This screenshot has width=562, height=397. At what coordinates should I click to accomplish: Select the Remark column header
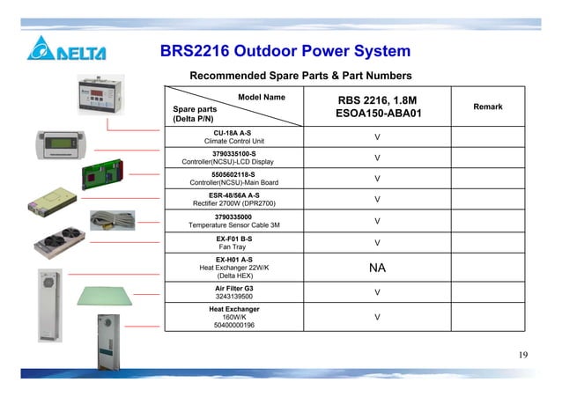click(487, 107)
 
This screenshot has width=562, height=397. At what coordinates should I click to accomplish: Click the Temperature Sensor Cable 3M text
click(233, 225)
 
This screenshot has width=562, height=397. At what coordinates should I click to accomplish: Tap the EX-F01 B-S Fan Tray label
click(234, 242)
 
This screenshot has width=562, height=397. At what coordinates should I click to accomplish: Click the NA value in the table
click(378, 267)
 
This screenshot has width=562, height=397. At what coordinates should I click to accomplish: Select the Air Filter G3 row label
click(233, 287)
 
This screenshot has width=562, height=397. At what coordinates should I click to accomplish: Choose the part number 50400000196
click(233, 325)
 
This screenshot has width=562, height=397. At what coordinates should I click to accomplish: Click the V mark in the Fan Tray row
click(377, 243)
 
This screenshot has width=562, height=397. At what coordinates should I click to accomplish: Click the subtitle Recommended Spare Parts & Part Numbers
click(300, 76)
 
